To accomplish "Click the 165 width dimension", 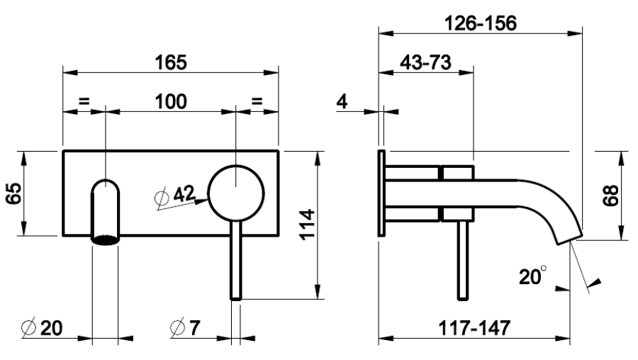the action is pyautogui.click(x=171, y=62).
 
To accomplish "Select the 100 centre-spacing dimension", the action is pyautogui.click(x=171, y=101).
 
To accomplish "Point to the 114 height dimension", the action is pyautogui.click(x=308, y=225).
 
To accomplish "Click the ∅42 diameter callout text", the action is pyautogui.click(x=175, y=196).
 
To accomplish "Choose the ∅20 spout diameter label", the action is pyautogui.click(x=42, y=328).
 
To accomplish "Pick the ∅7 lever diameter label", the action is pyautogui.click(x=186, y=327).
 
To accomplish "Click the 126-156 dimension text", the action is pyautogui.click(x=481, y=23).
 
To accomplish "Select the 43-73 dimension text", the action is pyautogui.click(x=425, y=62).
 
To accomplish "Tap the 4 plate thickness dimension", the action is pyautogui.click(x=342, y=101).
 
